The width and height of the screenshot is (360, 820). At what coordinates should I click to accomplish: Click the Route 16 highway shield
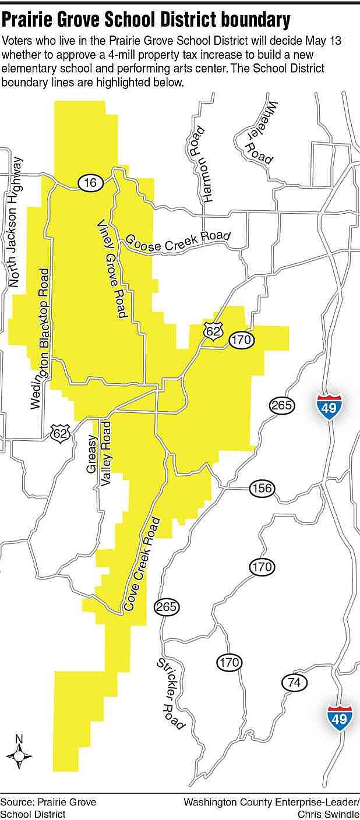pos(90,183)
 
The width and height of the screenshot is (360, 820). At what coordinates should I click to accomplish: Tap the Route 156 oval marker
pos(262,488)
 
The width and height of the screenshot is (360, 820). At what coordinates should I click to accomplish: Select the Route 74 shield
pos(294,683)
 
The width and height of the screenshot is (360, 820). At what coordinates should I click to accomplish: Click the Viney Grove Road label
pos(111,270)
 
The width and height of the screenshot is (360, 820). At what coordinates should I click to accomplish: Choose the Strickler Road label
pos(171,693)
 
